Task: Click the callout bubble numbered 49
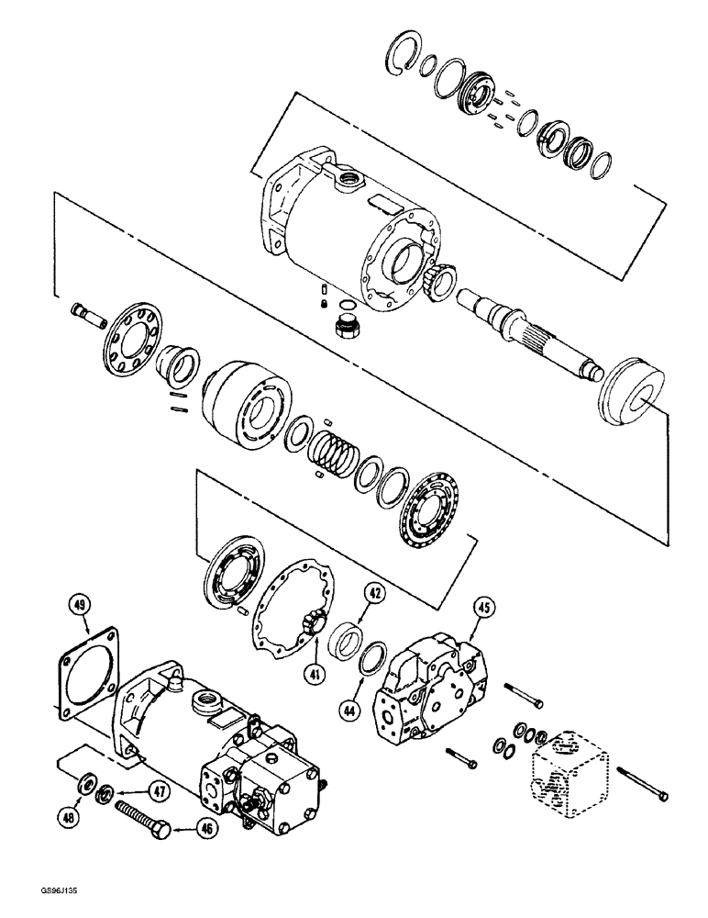(x=82, y=605)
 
